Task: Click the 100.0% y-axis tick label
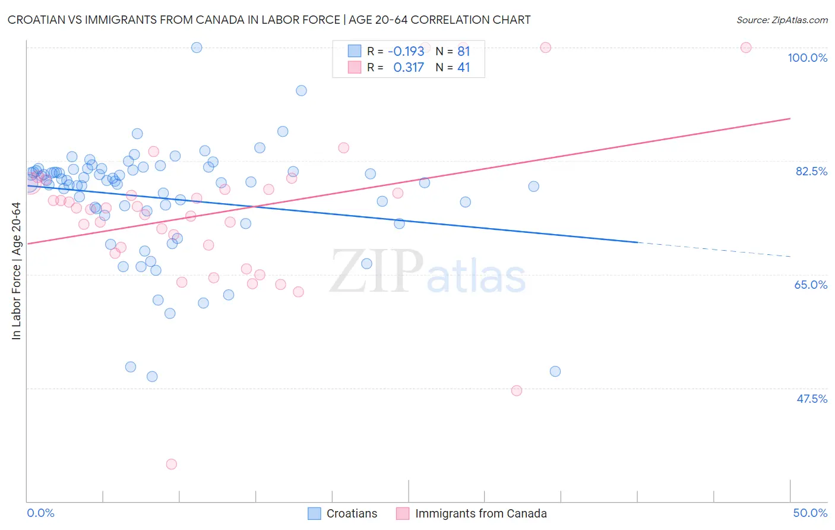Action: [x=807, y=58]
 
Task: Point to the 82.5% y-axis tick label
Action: [x=811, y=171]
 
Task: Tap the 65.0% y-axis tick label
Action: [x=811, y=285]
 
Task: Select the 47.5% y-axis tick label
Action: [x=811, y=399]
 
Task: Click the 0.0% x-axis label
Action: [x=40, y=513]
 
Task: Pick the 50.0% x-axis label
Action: [x=810, y=513]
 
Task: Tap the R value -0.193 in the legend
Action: [x=406, y=51]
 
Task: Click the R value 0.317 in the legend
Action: [x=409, y=67]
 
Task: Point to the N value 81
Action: [x=463, y=51]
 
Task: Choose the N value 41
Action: [x=463, y=67]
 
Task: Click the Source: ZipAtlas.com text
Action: [x=782, y=20]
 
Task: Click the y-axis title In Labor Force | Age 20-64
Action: [x=16, y=271]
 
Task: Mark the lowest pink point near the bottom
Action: [x=171, y=464]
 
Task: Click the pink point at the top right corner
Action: [x=746, y=48]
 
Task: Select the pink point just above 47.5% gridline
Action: [x=517, y=390]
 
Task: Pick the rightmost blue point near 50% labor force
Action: [x=555, y=371]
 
